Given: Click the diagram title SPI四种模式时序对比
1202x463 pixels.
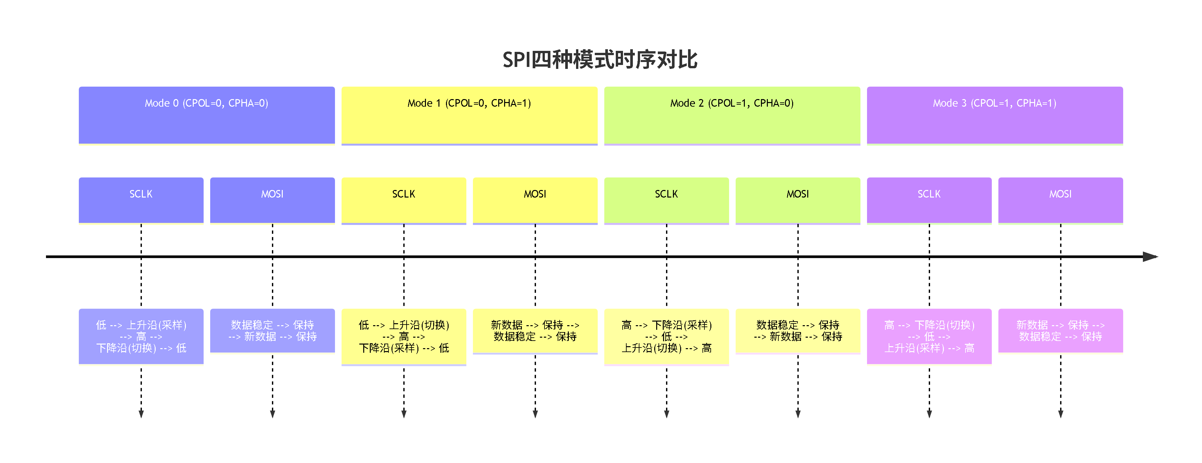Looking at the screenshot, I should coord(600,60).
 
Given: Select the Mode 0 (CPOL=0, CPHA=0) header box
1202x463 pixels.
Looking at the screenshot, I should coord(207,115).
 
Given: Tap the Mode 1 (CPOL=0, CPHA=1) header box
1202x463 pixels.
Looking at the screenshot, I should coord(469,115).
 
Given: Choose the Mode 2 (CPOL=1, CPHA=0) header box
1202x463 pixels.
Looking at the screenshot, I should coord(732,115).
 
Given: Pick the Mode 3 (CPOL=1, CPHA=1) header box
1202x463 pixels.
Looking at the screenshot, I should coord(995,115).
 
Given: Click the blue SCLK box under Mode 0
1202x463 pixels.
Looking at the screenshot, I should coord(141,200).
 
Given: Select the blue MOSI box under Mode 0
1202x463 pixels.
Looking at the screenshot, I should coord(273,200).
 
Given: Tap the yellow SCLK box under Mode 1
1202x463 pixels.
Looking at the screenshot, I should coord(404,200).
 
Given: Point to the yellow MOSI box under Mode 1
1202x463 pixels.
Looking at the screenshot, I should coord(535,200).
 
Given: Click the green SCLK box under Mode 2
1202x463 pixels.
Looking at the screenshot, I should coord(666,200).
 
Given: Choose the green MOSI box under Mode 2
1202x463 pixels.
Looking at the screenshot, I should coord(798,200).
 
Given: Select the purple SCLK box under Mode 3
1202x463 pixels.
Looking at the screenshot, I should coord(929,200).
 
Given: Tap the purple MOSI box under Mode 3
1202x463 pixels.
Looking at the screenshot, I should coord(1060,200).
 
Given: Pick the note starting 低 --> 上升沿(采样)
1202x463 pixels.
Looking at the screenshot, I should coord(141,336).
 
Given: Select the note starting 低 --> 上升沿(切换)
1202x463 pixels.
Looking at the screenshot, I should coord(404,336).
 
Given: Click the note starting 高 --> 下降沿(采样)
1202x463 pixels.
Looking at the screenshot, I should coord(666,336).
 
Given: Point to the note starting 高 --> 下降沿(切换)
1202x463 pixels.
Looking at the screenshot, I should coord(929,336).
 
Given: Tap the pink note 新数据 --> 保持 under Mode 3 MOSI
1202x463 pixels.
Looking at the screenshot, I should coord(1060,330).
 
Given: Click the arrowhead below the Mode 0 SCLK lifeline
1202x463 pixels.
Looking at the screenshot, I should coord(141,413).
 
